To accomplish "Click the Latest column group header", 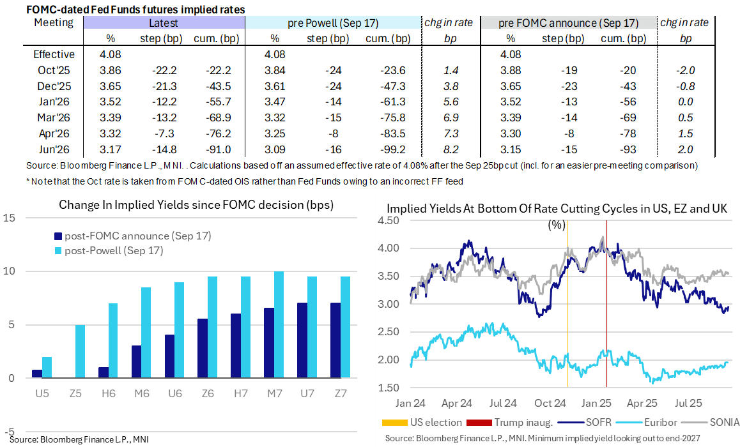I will [x=164, y=23].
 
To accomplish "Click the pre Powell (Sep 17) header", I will [x=332, y=23].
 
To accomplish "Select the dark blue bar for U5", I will [x=37, y=374].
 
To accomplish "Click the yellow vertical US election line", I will [x=567, y=307].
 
